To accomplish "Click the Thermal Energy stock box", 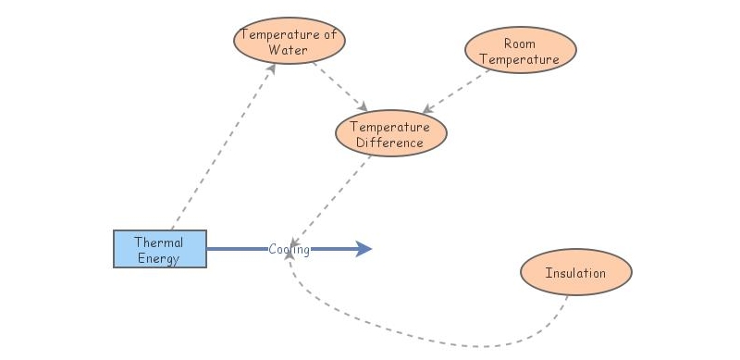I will [160, 250].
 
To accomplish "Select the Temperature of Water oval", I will [289, 43].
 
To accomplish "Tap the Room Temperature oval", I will [520, 52].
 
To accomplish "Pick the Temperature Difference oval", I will [390, 134].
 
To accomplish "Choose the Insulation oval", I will [575, 273].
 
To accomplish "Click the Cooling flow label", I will [290, 249].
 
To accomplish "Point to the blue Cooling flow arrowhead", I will [364, 249].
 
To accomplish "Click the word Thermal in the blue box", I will [159, 242].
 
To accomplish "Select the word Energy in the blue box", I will [158, 258].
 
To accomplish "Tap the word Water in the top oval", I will [288, 50].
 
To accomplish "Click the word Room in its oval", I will [520, 43].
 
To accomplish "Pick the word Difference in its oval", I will [390, 143].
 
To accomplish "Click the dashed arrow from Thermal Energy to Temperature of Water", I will [222, 148].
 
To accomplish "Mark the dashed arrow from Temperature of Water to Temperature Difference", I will [340, 85].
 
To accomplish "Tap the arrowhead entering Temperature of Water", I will [272, 68].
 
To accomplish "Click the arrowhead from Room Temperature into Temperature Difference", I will [427, 110].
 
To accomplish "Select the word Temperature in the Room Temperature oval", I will [520, 59].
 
